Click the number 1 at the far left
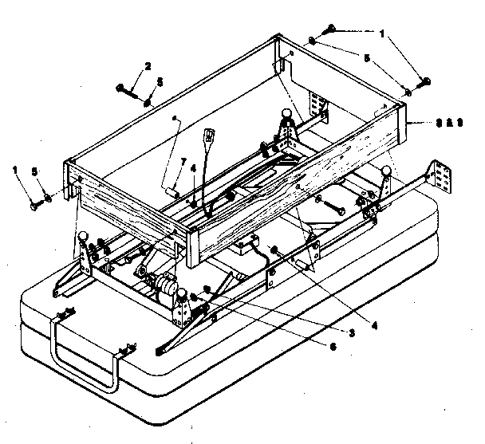click(x=15, y=170)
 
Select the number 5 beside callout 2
click(x=159, y=81)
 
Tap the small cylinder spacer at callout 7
click(x=171, y=189)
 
